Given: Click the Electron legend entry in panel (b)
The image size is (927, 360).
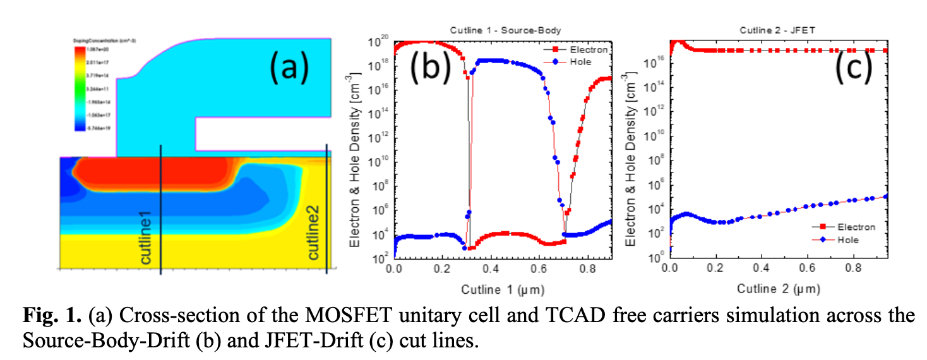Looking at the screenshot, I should click(582, 49).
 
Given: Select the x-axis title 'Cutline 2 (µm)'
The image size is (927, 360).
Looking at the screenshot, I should click(778, 289).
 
